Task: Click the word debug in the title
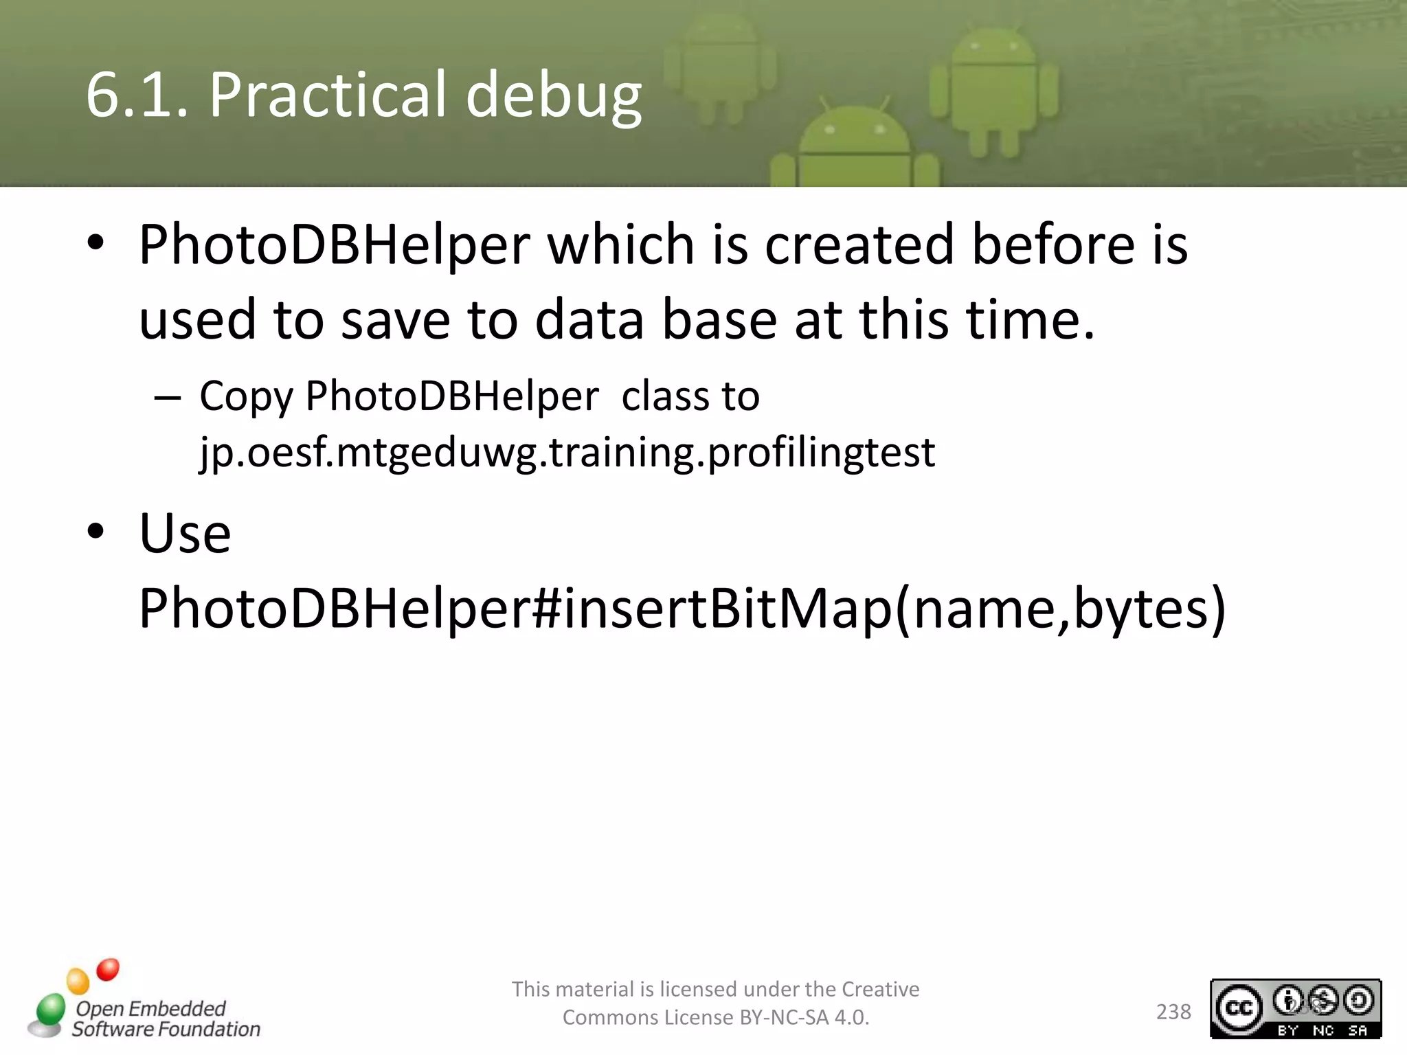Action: [554, 96]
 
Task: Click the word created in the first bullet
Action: [859, 245]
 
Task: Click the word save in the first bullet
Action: [395, 321]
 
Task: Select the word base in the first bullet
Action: [719, 321]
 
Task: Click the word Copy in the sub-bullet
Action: [246, 397]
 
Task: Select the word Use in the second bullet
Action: [185, 534]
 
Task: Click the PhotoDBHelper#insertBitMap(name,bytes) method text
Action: [682, 609]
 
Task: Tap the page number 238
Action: [1173, 1012]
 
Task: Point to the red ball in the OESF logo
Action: [107, 970]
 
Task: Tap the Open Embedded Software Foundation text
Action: [166, 1019]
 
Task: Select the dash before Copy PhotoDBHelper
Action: [168, 398]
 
